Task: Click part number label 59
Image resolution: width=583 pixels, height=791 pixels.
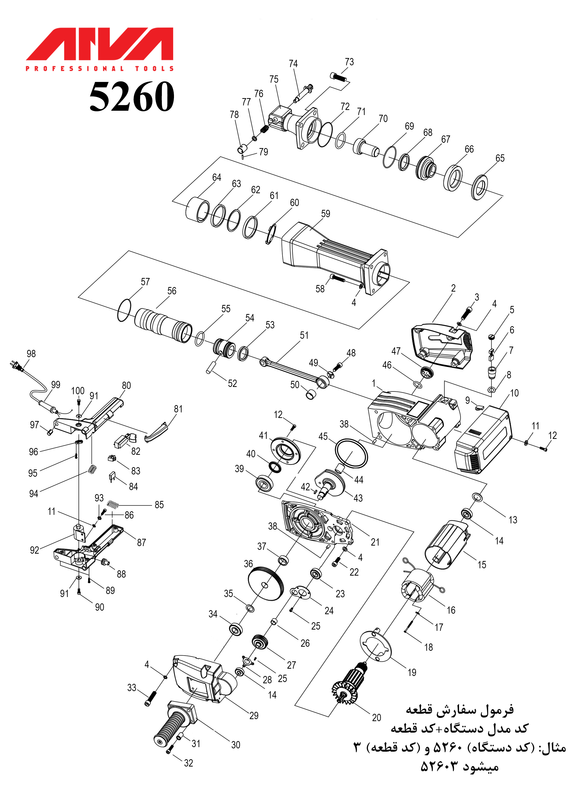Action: point(325,214)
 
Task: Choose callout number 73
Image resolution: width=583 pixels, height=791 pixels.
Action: point(349,62)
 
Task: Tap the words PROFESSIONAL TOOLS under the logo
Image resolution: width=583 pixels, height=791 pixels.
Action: point(99,68)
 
